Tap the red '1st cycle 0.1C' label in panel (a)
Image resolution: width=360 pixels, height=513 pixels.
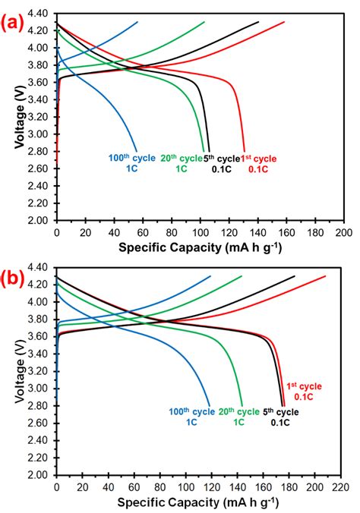pyautogui.click(x=261, y=163)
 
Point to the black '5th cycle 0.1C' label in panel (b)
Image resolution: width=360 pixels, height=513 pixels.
pyautogui.click(x=280, y=417)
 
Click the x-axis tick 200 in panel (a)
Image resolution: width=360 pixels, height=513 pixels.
pyautogui.click(x=344, y=231)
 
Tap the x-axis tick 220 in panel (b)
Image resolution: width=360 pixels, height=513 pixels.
pyautogui.click(x=344, y=486)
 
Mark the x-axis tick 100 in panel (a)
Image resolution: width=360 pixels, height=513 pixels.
pyautogui.click(x=200, y=231)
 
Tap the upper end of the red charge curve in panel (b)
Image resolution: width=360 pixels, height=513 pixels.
pyautogui.click(x=326, y=276)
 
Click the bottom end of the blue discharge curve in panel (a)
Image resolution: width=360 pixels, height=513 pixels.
pyautogui.click(x=137, y=151)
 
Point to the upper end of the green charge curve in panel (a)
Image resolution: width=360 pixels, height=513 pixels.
pyautogui.click(x=205, y=22)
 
